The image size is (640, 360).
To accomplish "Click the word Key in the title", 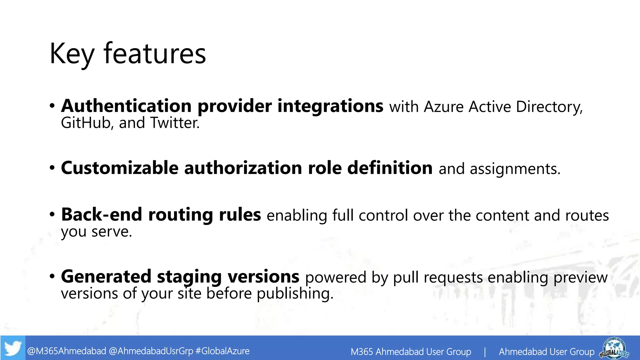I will click(x=72, y=54).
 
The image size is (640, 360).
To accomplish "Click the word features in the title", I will click(x=155, y=53).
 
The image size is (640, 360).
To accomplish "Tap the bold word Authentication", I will click(x=126, y=106).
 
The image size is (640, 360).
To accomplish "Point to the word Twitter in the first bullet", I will click(x=174, y=123).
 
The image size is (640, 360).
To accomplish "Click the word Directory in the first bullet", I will click(x=549, y=107).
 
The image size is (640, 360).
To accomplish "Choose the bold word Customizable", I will click(x=120, y=168).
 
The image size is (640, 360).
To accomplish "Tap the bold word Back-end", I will click(x=102, y=215).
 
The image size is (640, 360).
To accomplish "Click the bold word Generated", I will click(x=106, y=277).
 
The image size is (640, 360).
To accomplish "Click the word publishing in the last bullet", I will click(x=295, y=294).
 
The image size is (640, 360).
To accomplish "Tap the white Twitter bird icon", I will click(x=13, y=348).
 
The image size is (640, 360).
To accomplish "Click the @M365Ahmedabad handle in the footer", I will click(x=67, y=351).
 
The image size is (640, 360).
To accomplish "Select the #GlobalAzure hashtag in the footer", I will click(x=222, y=351).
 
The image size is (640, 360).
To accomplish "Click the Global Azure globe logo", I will click(x=614, y=347).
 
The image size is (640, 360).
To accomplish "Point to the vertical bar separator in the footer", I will click(x=485, y=352).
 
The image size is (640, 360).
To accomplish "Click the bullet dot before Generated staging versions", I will click(x=52, y=276).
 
